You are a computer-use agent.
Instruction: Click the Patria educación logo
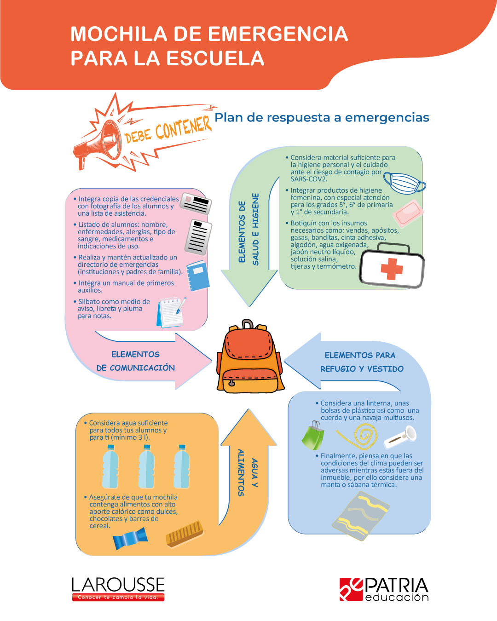click(384, 589)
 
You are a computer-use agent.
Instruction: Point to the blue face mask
click(404, 183)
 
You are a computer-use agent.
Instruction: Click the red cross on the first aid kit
click(391, 269)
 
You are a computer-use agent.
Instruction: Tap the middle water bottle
click(146, 467)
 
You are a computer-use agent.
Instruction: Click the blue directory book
click(198, 276)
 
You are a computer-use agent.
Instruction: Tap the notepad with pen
click(171, 312)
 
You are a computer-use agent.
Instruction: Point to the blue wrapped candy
click(130, 538)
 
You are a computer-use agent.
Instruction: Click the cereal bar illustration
click(184, 534)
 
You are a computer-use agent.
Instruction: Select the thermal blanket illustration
click(360, 515)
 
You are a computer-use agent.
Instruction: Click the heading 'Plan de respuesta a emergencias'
click(322, 118)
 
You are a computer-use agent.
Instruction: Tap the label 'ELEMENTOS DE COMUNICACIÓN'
click(135, 361)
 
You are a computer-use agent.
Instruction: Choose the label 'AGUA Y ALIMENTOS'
click(247, 472)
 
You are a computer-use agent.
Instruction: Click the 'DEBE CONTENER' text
click(168, 130)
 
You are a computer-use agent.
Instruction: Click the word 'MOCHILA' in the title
click(118, 34)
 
